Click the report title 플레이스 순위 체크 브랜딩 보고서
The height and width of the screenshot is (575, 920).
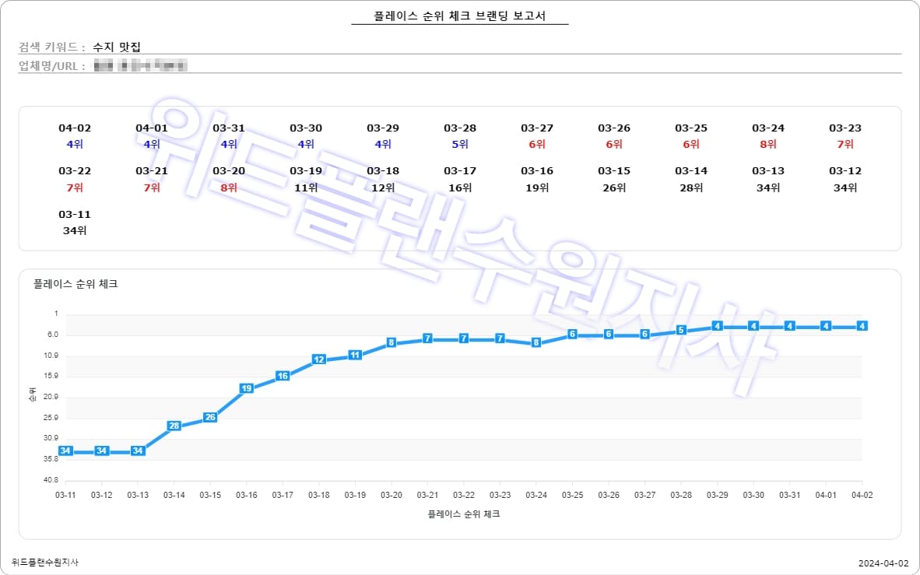(x=460, y=16)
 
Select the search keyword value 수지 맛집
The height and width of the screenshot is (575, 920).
(x=116, y=47)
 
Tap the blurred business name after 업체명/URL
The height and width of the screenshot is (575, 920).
(x=140, y=65)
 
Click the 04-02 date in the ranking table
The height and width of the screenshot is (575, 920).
(x=75, y=128)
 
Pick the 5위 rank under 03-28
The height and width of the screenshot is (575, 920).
(x=460, y=144)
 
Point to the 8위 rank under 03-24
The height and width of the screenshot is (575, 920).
(x=768, y=144)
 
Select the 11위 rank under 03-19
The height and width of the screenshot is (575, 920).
(x=306, y=187)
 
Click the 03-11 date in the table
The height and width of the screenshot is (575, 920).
(x=75, y=214)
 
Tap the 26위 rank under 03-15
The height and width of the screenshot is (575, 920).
(x=614, y=187)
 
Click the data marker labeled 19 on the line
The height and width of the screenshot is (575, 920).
(x=247, y=387)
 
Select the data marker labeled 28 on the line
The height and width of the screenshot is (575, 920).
(x=174, y=426)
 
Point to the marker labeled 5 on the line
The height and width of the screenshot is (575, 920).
(x=681, y=330)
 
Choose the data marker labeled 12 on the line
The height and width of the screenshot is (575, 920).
(x=318, y=359)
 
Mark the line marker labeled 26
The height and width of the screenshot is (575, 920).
(x=210, y=417)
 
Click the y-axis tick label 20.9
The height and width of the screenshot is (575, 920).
(x=50, y=397)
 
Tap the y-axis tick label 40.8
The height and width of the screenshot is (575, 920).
(x=50, y=480)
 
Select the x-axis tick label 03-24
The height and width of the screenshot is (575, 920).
(x=536, y=495)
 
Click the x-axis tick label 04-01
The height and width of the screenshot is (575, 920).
(x=826, y=495)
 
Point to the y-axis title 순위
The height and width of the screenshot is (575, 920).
(x=32, y=396)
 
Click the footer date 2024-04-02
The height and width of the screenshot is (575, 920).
(x=883, y=563)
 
